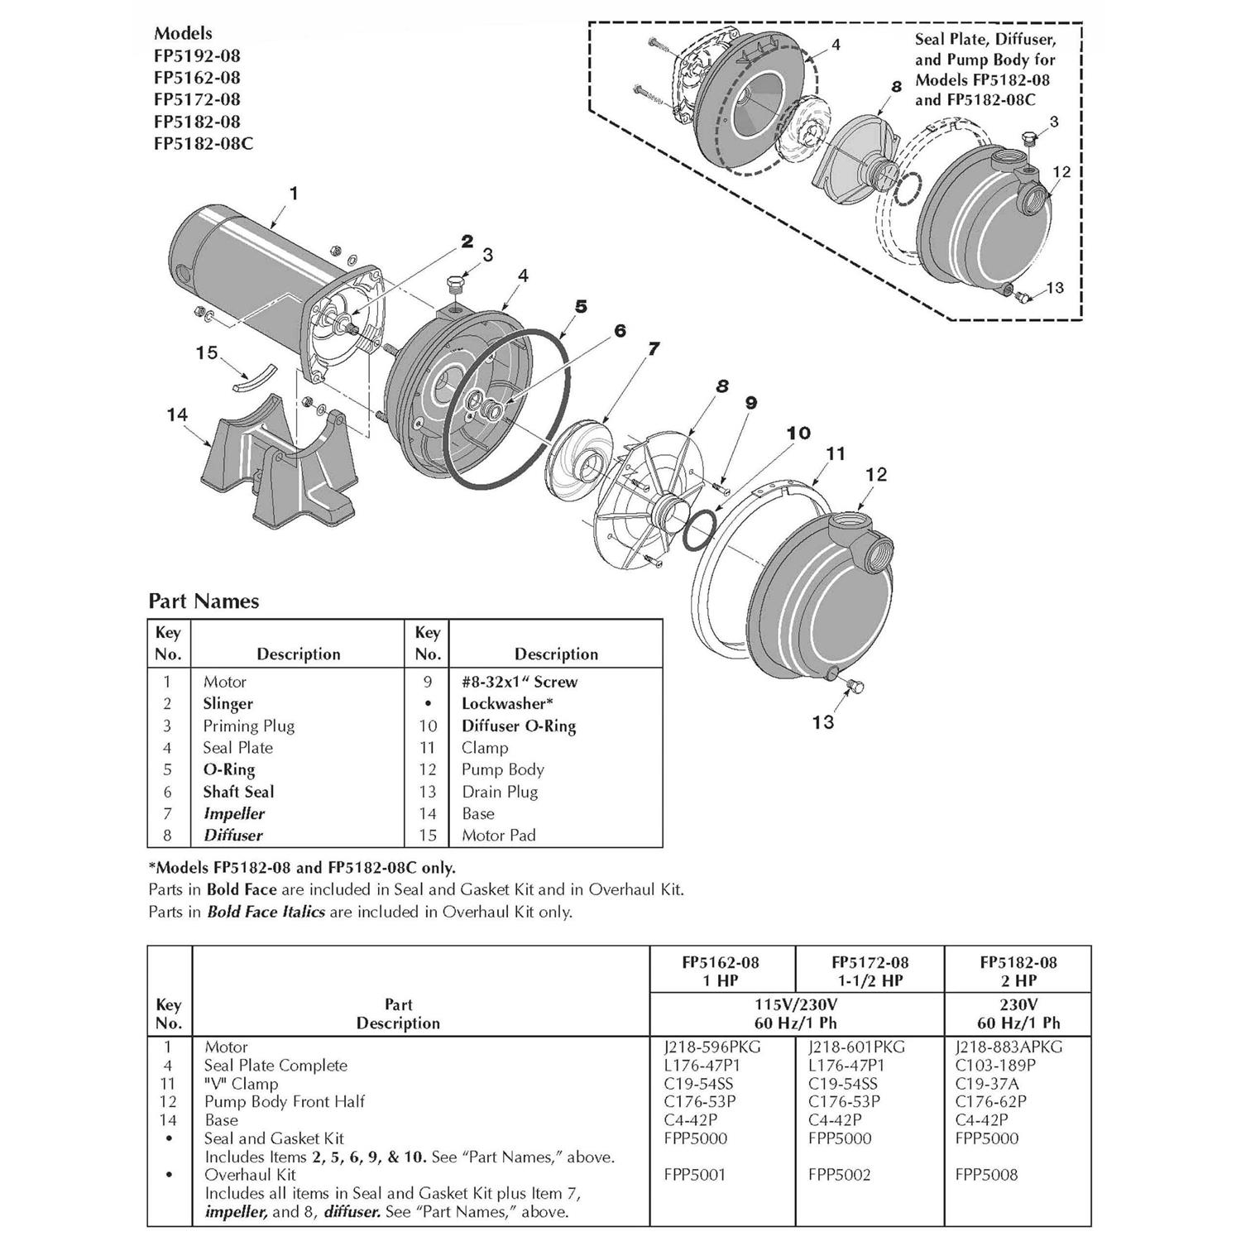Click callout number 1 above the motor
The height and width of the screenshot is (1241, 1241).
pyautogui.click(x=293, y=194)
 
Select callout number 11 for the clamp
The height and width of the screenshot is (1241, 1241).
pyautogui.click(x=836, y=453)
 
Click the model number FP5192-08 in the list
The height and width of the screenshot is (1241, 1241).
pyautogui.click(x=197, y=55)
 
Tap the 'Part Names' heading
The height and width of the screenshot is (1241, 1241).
pyautogui.click(x=204, y=601)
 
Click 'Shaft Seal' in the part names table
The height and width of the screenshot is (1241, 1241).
pyautogui.click(x=238, y=792)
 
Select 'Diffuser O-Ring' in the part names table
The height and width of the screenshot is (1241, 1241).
pyautogui.click(x=518, y=726)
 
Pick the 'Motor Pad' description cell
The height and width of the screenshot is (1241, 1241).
pyautogui.click(x=498, y=836)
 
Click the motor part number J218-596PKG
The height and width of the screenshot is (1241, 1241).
pyautogui.click(x=712, y=1047)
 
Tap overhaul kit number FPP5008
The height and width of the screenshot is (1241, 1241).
pyautogui.click(x=985, y=1174)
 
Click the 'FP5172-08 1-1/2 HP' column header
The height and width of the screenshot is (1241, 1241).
pyautogui.click(x=869, y=971)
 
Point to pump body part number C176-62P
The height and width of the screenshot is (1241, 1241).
pyautogui.click(x=990, y=1101)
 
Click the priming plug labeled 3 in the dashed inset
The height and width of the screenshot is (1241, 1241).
pyautogui.click(x=1028, y=139)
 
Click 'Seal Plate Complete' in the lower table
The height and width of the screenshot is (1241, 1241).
pyautogui.click(x=276, y=1065)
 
